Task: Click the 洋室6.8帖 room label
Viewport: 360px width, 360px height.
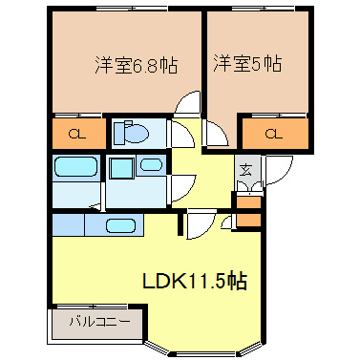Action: point(135,66)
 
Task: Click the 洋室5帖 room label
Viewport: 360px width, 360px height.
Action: point(246,64)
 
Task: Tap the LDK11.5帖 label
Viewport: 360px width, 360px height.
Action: point(195,282)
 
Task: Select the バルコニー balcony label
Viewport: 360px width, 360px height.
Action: point(97,322)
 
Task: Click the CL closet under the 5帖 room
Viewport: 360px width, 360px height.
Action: point(274,133)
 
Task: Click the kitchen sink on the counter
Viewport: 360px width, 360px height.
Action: point(118,226)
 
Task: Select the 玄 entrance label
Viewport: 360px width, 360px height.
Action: point(245,171)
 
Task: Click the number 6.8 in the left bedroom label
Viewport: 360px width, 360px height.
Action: point(147,66)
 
